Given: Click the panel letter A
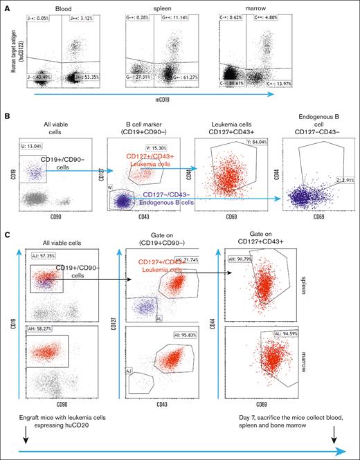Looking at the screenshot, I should pos(6,5).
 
